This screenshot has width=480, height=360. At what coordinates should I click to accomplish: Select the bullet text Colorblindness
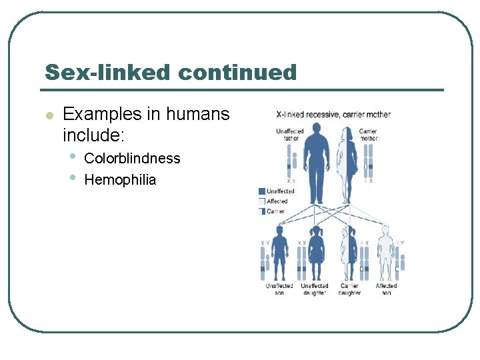click(x=132, y=158)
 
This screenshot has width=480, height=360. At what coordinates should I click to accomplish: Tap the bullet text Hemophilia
click(x=120, y=179)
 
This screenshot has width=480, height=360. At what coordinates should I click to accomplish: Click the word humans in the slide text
click(x=197, y=114)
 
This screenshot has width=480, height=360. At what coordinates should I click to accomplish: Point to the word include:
click(x=93, y=135)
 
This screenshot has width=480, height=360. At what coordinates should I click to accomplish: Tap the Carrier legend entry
click(x=275, y=211)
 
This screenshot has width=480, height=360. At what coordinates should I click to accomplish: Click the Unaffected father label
click(x=290, y=135)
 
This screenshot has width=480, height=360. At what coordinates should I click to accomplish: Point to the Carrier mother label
click(x=368, y=135)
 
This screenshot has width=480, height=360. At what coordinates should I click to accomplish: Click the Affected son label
click(x=386, y=289)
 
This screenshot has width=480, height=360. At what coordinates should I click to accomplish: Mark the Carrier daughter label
click(x=349, y=289)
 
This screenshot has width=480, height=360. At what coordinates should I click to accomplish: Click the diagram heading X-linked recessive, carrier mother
click(x=333, y=115)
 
